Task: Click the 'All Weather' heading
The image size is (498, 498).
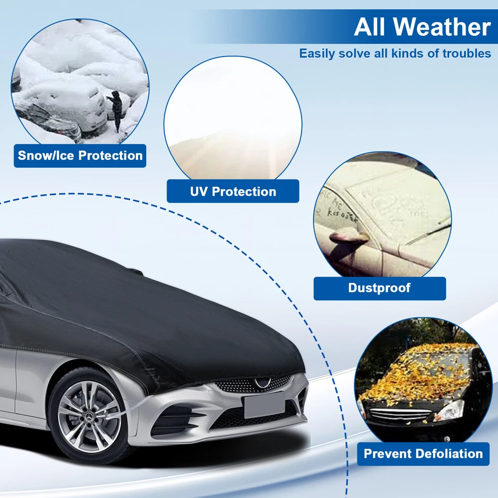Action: click(x=422, y=26)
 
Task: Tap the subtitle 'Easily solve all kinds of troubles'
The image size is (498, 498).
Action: click(x=395, y=53)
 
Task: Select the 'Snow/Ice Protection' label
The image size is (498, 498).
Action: click(x=80, y=156)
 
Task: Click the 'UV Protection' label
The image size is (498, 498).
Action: click(x=233, y=191)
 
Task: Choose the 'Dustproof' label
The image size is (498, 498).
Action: click(x=379, y=288)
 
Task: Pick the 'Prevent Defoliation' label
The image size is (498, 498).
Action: click(x=423, y=454)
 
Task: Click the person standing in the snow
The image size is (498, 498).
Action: click(x=117, y=109)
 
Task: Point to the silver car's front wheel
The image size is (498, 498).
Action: click(x=88, y=417)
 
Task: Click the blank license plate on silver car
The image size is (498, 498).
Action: click(x=264, y=405)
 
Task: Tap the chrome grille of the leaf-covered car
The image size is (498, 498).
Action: click(x=400, y=415)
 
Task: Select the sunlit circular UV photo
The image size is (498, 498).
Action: click(x=233, y=118)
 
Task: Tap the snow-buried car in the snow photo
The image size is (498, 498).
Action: click(x=62, y=104)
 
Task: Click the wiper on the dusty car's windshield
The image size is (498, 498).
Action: click(x=425, y=231)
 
